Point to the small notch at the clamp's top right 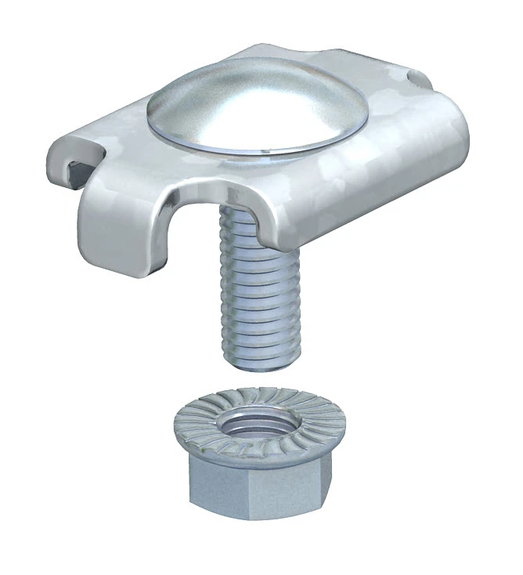tap(415, 79)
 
